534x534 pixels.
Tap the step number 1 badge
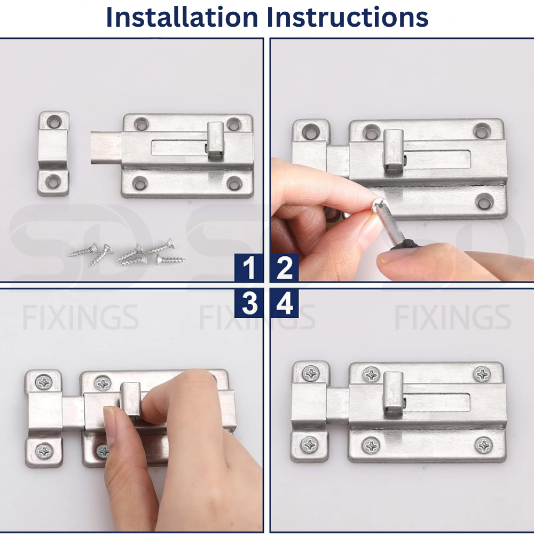tap(249, 268)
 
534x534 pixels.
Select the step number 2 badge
tap(285, 268)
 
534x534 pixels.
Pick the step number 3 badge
tap(249, 304)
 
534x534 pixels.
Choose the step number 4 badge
tap(285, 304)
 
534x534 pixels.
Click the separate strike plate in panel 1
tap(53, 153)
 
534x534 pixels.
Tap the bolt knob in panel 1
tap(216, 140)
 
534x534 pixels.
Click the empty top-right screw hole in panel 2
tap(482, 130)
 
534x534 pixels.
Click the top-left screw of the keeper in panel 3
tap(43, 382)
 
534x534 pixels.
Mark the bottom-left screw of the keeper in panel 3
tap(44, 451)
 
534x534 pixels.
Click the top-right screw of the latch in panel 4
tap(482, 374)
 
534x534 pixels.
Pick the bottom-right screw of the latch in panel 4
tap(484, 445)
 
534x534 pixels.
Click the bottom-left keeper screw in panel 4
tap(310, 444)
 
